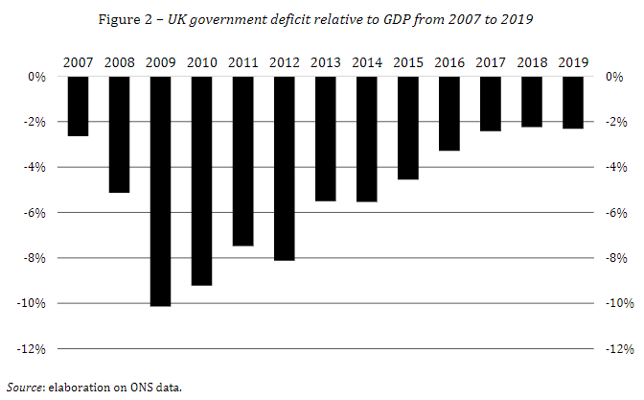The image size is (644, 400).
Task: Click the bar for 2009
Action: coord(160,191)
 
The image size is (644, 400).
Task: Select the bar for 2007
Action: coord(78,106)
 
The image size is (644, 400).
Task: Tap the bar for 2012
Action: coord(284,168)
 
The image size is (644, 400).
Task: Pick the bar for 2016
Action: coord(448,113)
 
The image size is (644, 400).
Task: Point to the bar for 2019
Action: coord(573,103)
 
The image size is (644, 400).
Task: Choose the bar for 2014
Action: coord(366,139)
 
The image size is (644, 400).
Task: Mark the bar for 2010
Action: coord(201,180)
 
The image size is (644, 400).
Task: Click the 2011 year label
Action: coord(242,62)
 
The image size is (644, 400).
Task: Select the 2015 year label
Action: coord(407,62)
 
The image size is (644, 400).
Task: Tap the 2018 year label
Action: coord(532,62)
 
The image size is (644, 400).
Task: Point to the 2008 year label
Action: coord(119,62)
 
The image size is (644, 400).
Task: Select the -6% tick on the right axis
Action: coord(614,213)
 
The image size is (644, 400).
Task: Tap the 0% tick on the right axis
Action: coord(614,77)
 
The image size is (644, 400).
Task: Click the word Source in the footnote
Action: coord(24,388)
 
